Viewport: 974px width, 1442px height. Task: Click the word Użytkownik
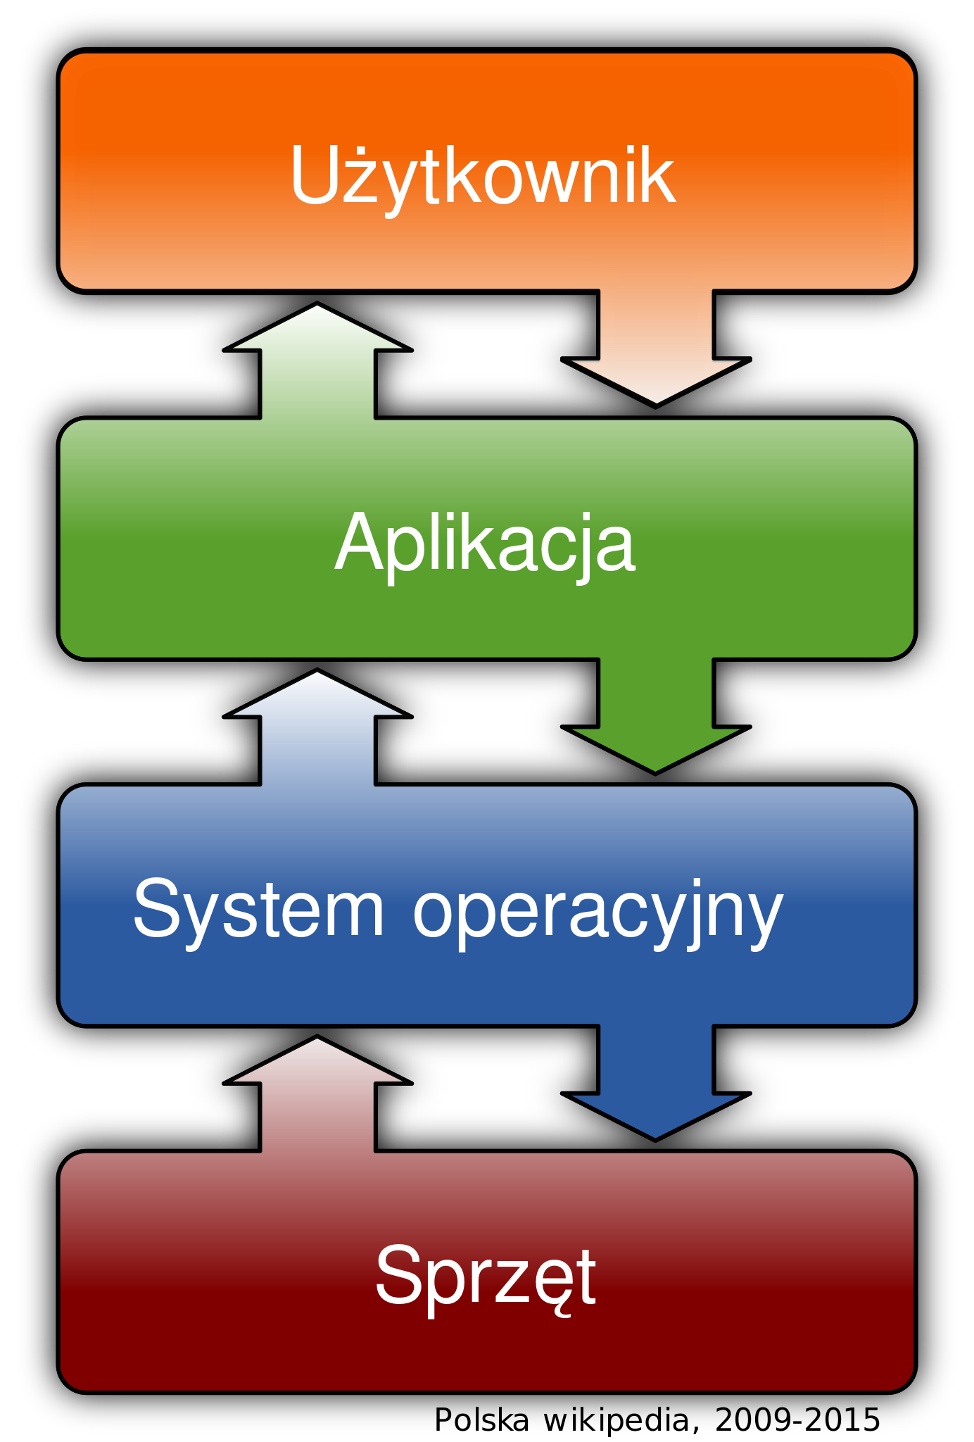point(483,176)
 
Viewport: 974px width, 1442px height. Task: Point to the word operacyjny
point(597,913)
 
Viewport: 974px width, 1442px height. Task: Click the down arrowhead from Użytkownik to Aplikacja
point(656,380)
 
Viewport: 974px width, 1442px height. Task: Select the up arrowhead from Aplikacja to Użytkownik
point(317,327)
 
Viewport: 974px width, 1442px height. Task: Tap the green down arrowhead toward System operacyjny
point(656,748)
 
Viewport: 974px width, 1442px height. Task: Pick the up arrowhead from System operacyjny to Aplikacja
point(317,694)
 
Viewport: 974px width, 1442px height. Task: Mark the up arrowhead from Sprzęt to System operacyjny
point(317,1060)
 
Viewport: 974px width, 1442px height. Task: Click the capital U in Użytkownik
point(316,176)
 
